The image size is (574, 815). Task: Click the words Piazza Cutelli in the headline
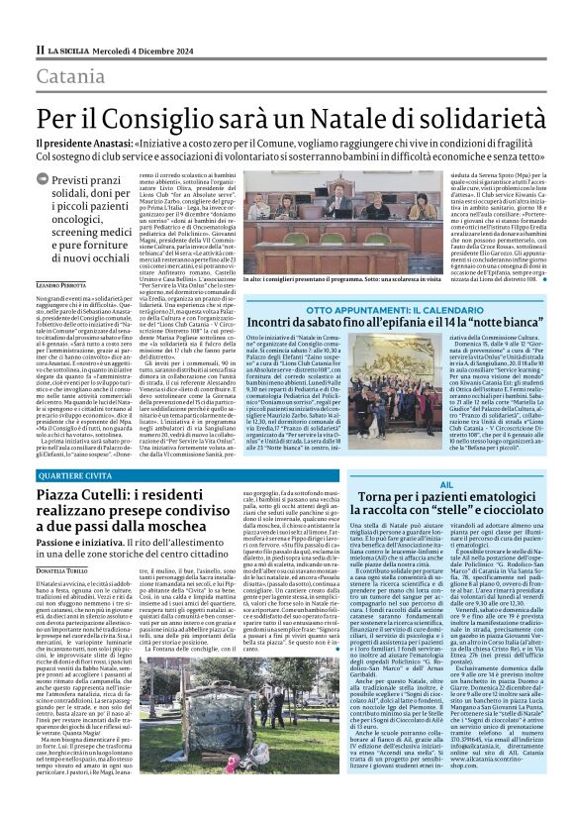tap(88, 494)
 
